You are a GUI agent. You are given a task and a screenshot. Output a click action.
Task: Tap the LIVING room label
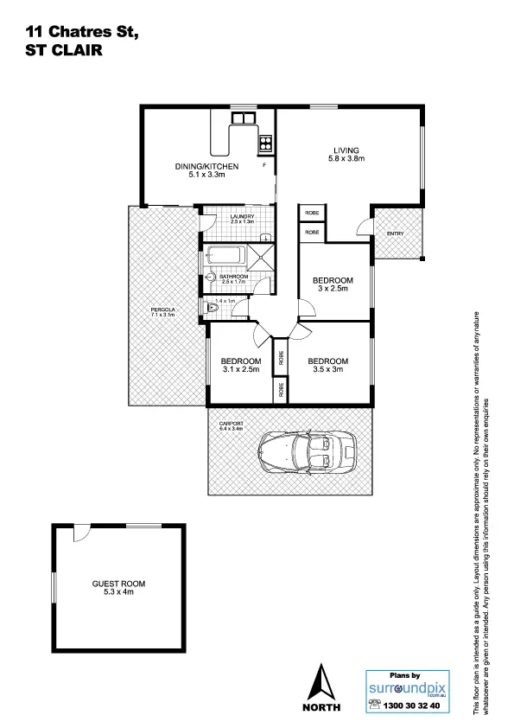tap(346, 150)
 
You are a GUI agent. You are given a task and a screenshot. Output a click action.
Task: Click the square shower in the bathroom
tap(262, 257)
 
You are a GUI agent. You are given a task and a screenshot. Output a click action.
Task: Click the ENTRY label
tap(395, 233)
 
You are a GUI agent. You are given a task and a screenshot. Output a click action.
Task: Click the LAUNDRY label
tap(242, 215)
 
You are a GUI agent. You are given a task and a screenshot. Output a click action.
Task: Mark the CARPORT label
tap(232, 422)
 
